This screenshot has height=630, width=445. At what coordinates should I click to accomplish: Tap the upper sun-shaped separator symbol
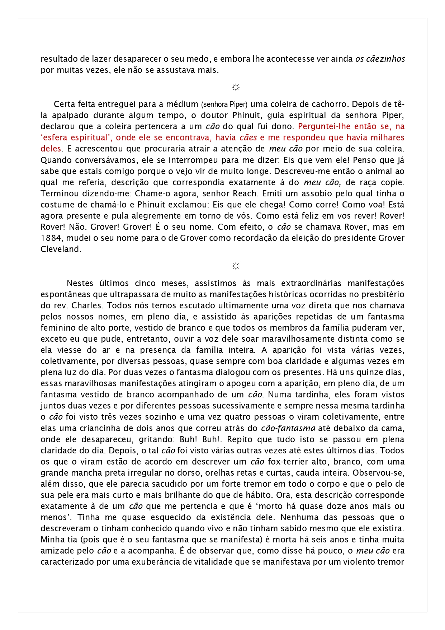(x=236, y=87)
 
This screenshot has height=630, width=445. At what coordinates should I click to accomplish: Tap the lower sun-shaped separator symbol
(x=236, y=266)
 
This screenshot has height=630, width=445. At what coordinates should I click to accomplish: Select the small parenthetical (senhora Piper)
(x=224, y=104)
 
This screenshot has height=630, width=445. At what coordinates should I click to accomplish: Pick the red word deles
(x=51, y=149)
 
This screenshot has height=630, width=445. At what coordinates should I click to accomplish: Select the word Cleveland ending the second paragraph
(x=60, y=249)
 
